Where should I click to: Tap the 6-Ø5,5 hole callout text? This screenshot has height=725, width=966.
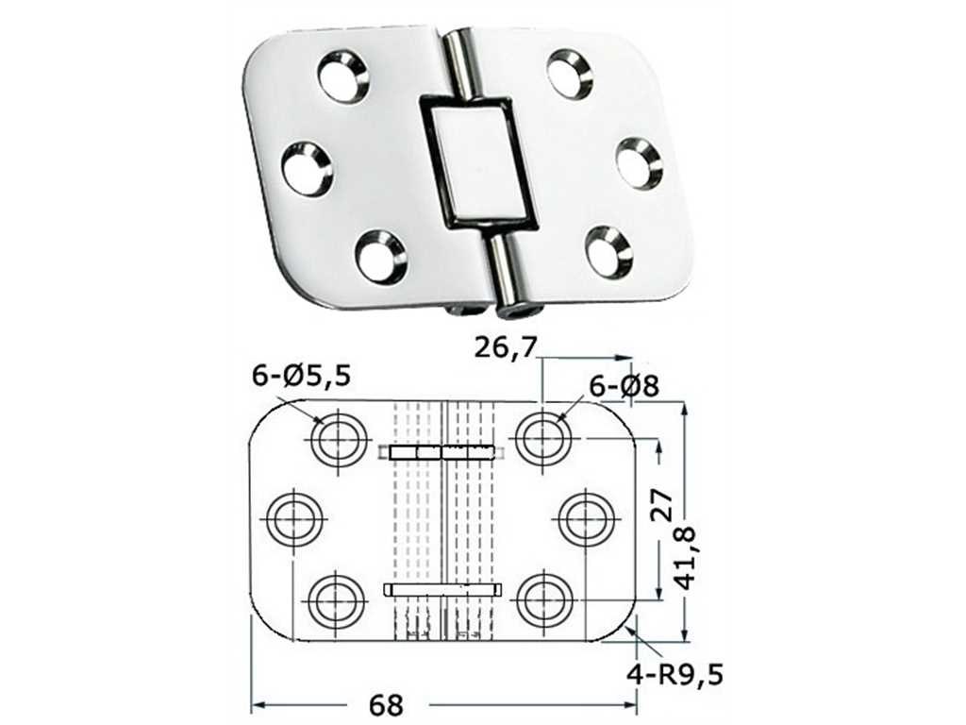(x=301, y=376)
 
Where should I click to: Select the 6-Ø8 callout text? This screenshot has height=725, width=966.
(x=625, y=386)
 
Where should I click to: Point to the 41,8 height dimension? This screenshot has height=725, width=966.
(x=687, y=558)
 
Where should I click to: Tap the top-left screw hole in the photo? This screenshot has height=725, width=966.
(x=343, y=77)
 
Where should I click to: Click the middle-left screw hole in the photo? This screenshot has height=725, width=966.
(x=308, y=170)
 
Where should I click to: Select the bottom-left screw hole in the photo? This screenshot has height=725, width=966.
(x=381, y=257)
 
